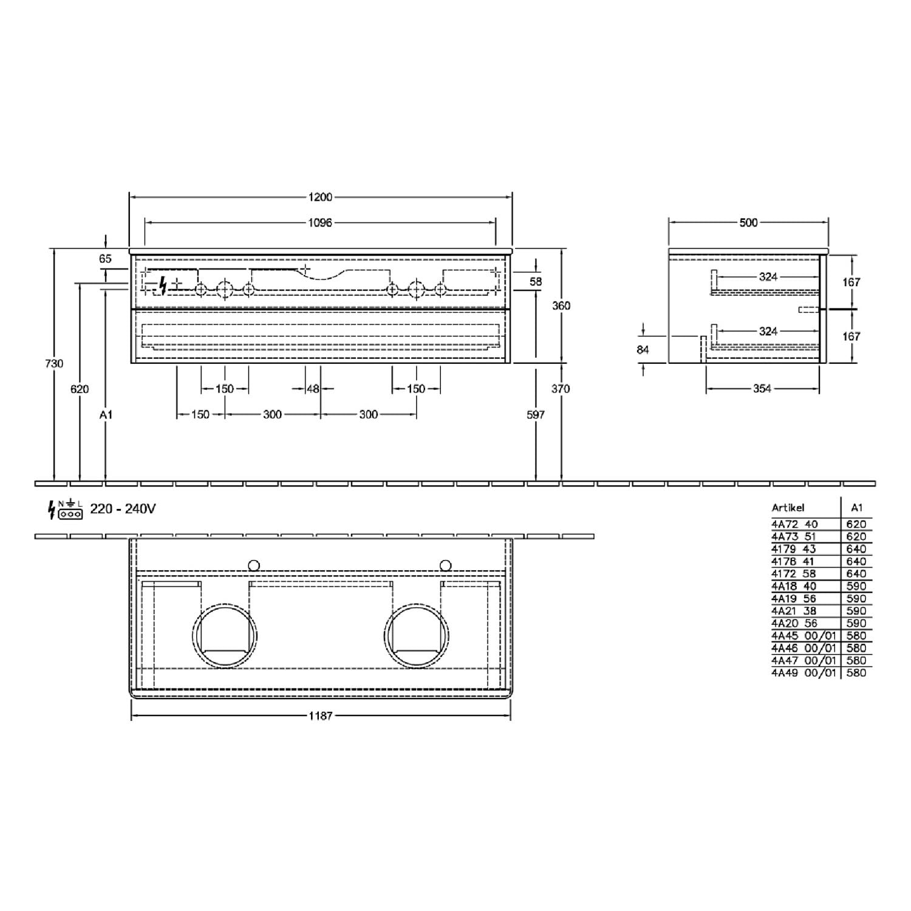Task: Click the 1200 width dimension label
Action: pyautogui.click(x=321, y=197)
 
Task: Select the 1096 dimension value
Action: pyautogui.click(x=320, y=223)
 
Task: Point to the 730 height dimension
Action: pyautogui.click(x=54, y=363)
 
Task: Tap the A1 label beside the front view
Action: pyautogui.click(x=106, y=415)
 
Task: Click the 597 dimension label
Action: pyautogui.click(x=536, y=415)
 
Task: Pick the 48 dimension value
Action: pyautogui.click(x=313, y=389)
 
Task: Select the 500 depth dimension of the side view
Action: pyautogui.click(x=748, y=223)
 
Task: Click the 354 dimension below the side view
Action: pyautogui.click(x=762, y=389)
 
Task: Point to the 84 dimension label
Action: pyautogui.click(x=643, y=350)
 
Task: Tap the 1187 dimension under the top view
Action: pyautogui.click(x=321, y=716)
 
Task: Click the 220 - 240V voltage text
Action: pyautogui.click(x=123, y=509)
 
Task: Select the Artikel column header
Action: pyautogui.click(x=788, y=508)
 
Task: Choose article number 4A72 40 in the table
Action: pyautogui.click(x=794, y=524)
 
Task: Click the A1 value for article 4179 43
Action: pyautogui.click(x=856, y=549)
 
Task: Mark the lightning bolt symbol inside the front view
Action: pyautogui.click(x=162, y=285)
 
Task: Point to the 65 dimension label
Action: pyautogui.click(x=105, y=259)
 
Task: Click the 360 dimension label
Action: pyautogui.click(x=561, y=306)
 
